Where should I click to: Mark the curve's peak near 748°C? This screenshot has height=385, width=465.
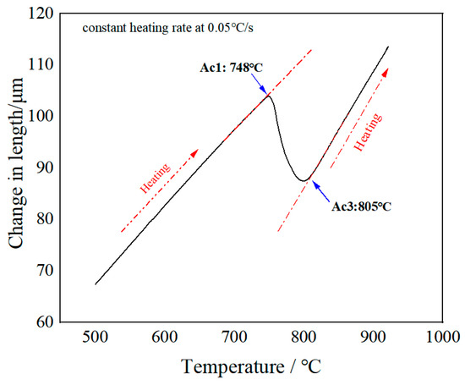click(269, 95)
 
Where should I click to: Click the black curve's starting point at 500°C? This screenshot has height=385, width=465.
click(95, 284)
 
